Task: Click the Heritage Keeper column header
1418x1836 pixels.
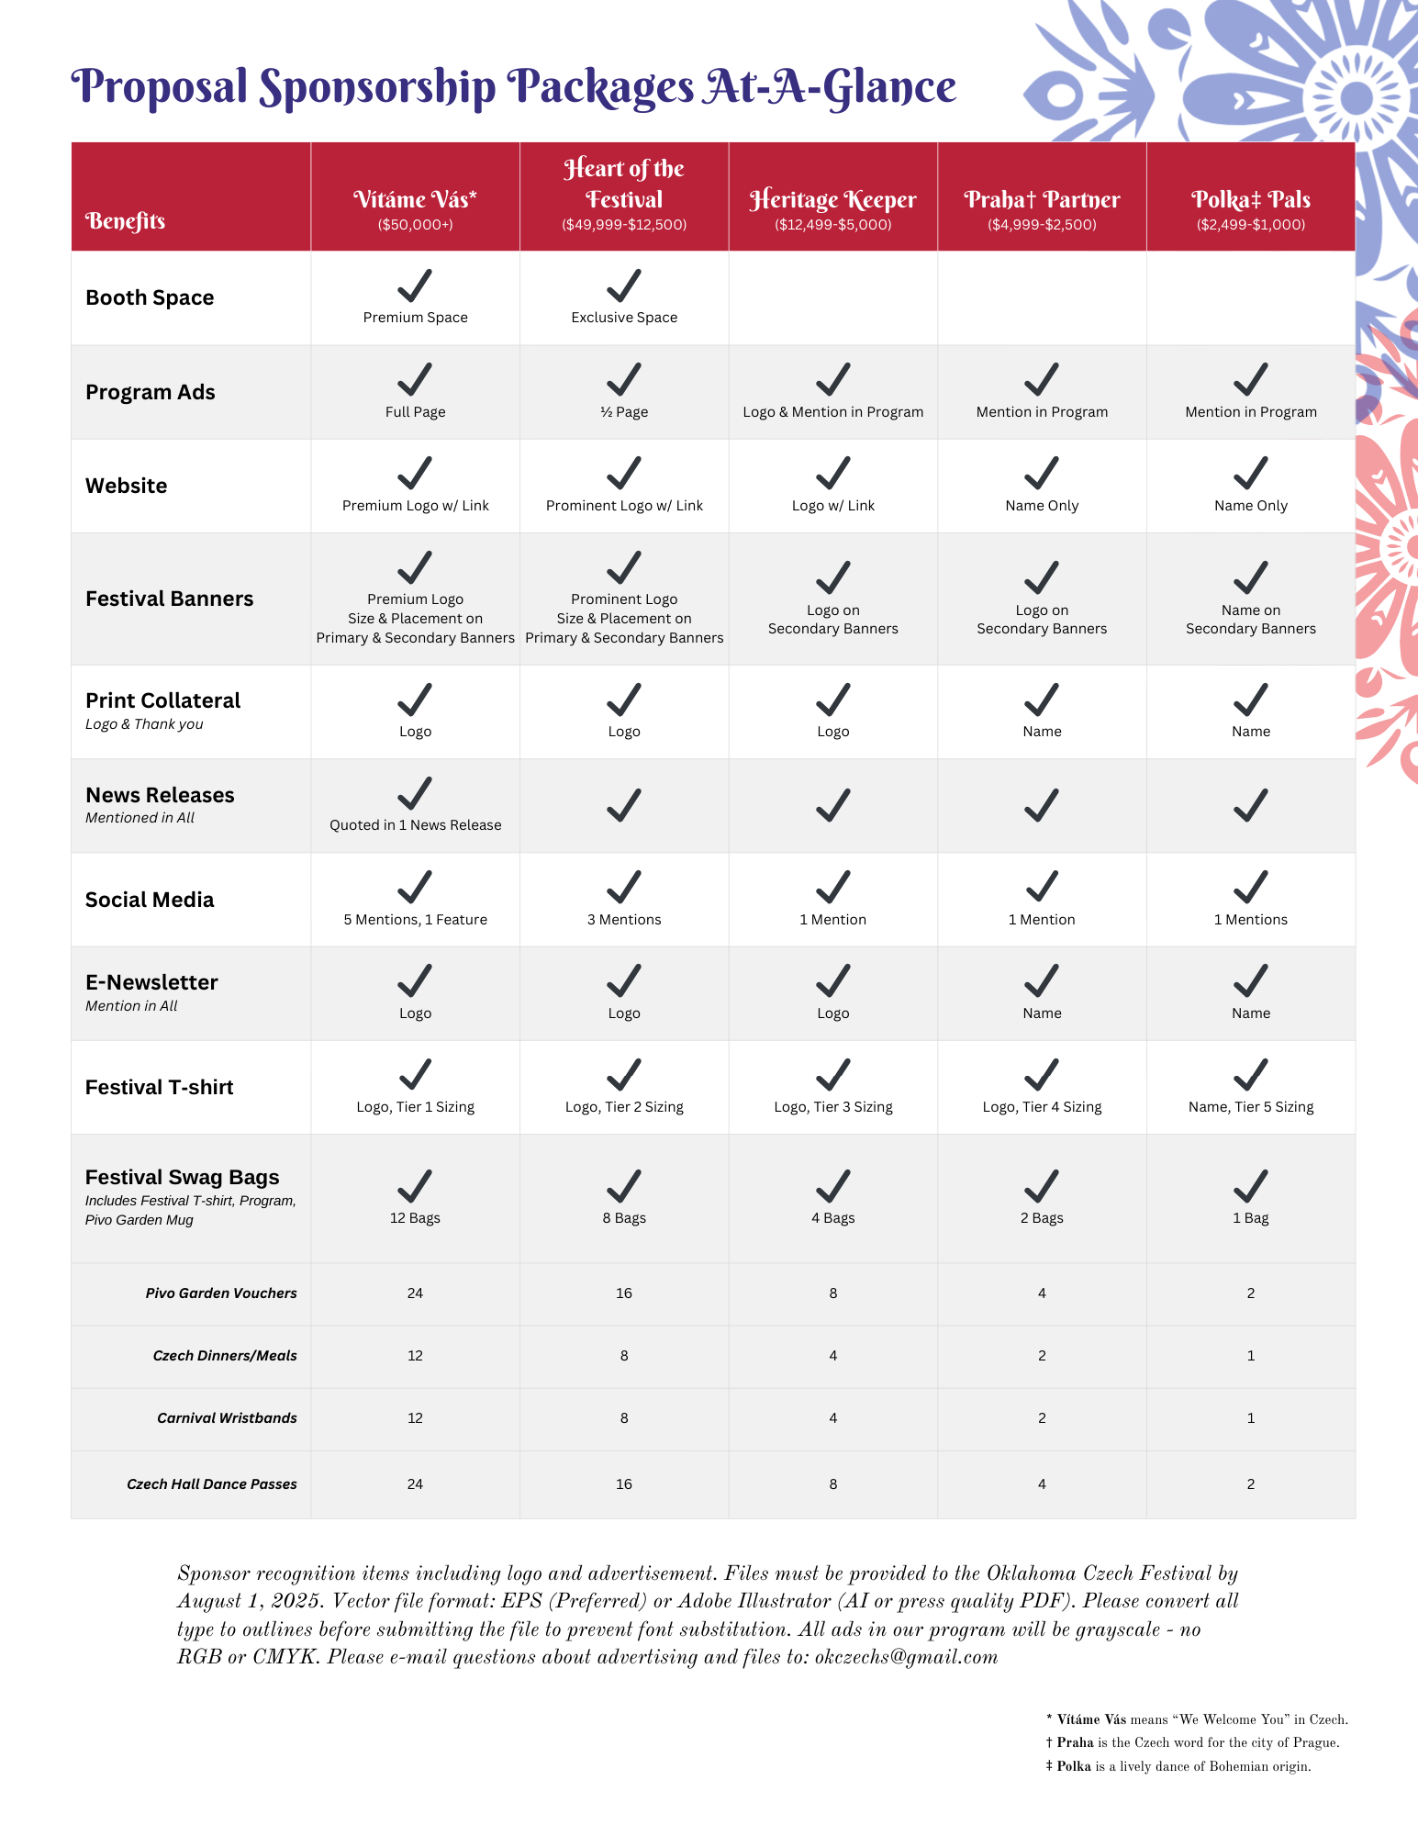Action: click(x=832, y=200)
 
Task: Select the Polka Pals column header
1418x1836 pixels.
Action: click(x=1250, y=200)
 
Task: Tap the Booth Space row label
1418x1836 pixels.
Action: click(x=150, y=297)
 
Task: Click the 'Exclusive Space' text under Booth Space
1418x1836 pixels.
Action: click(x=624, y=318)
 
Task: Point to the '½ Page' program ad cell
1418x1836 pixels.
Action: click(x=624, y=412)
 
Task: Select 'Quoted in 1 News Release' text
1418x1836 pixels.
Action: click(x=415, y=825)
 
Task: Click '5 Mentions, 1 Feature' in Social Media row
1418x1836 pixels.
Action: click(x=415, y=920)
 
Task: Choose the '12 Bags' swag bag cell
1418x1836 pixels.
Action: click(x=415, y=1218)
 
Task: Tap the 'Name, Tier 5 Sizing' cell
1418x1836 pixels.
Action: click(x=1250, y=1107)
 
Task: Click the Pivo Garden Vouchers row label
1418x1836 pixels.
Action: click(x=221, y=1293)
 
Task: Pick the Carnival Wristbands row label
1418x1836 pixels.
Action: click(x=227, y=1418)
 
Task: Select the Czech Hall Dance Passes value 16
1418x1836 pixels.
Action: click(x=624, y=1484)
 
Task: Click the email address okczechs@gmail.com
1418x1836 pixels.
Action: click(x=906, y=1657)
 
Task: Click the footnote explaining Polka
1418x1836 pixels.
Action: click(x=1178, y=1766)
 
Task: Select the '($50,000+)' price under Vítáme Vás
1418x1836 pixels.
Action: click(x=415, y=225)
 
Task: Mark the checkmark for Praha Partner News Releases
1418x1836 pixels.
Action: click(x=1042, y=805)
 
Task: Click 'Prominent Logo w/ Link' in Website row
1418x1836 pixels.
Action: click(x=624, y=506)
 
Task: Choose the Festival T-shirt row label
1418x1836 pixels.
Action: click(x=159, y=1087)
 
